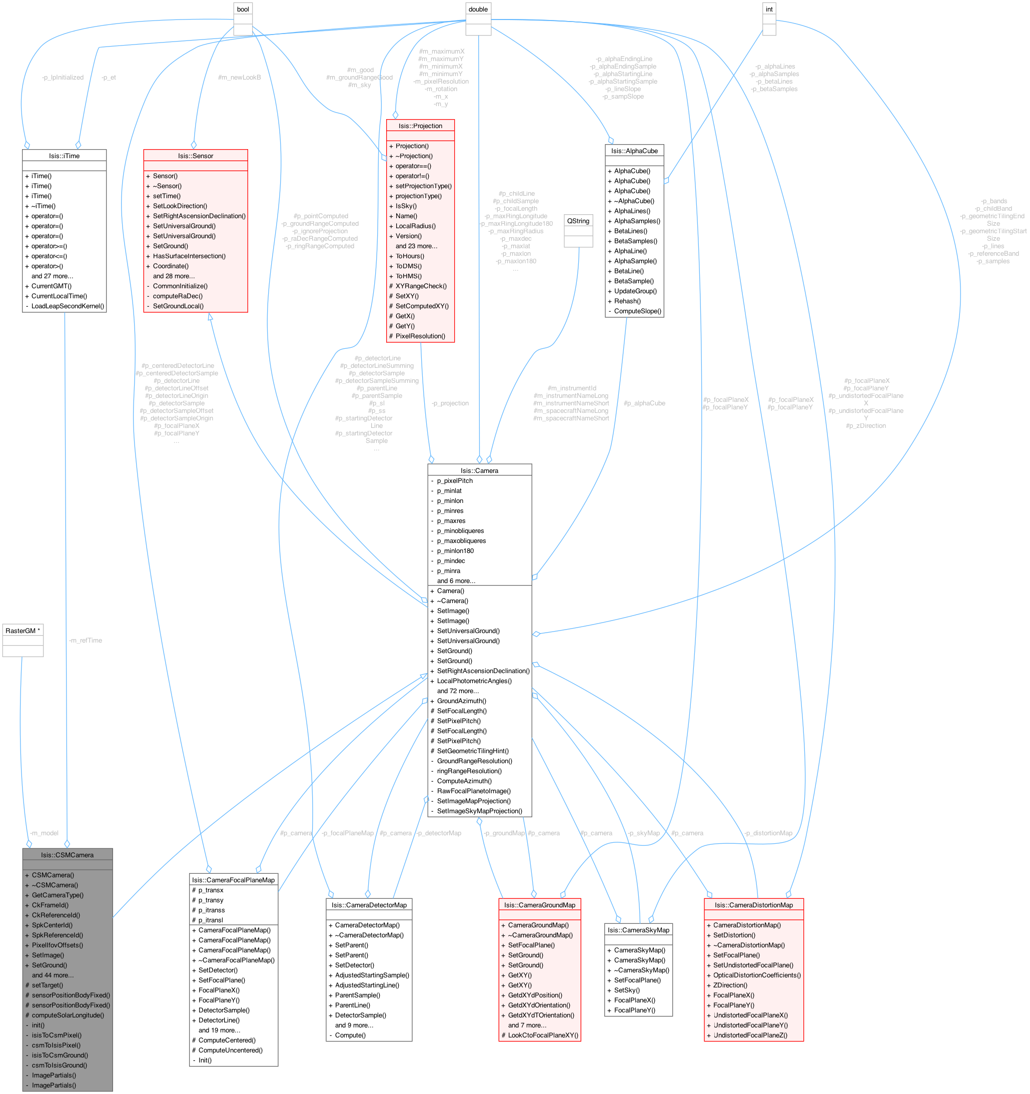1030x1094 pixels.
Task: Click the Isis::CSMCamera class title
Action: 67,855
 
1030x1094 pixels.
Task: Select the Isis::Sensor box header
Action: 195,156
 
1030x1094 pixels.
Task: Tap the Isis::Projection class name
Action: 420,126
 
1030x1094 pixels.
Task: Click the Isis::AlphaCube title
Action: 634,151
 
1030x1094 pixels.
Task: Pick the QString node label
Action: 578,221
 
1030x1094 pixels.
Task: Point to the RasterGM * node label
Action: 23,631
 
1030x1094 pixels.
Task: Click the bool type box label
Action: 243,10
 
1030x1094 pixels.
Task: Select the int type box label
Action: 769,10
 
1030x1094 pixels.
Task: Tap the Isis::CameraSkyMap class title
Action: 638,930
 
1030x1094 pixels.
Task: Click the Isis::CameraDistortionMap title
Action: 753,905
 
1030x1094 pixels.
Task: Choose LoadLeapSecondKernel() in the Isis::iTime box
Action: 67,306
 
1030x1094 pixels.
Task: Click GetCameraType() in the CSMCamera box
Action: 57,895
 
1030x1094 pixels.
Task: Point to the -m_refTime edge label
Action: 86,640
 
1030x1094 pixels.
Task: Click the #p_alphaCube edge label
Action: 644,403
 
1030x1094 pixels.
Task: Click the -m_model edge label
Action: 44,833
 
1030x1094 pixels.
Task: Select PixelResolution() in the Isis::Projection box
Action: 420,336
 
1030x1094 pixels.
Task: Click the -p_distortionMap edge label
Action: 768,833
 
